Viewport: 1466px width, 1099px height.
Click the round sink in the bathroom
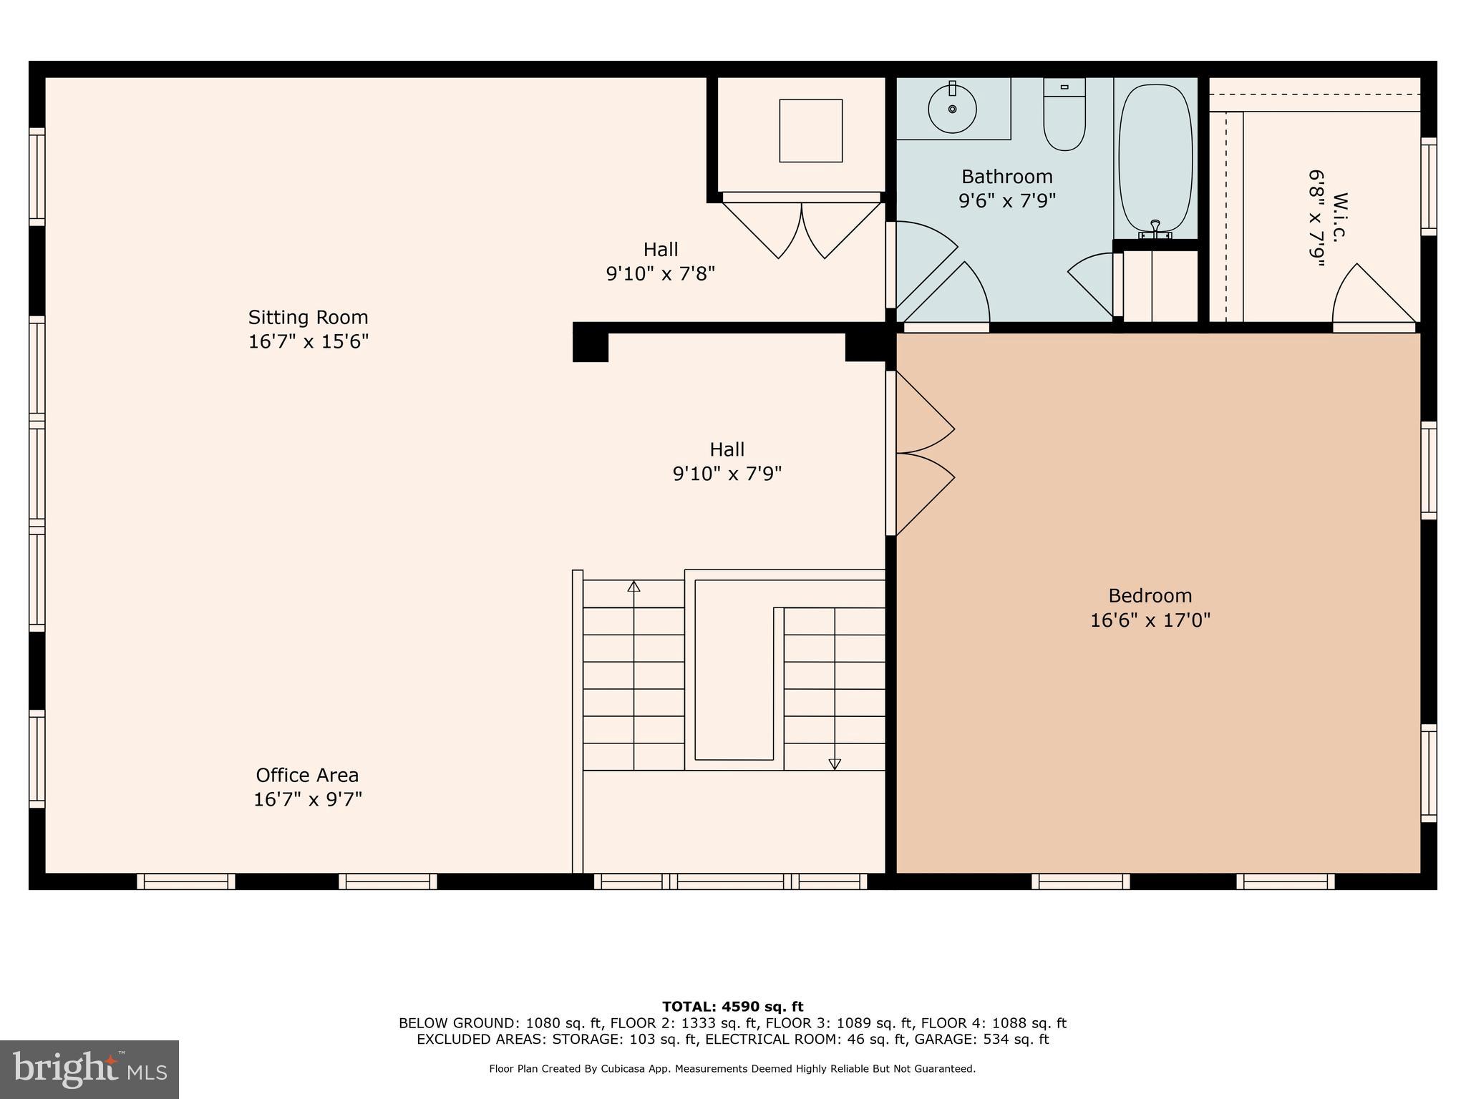click(x=952, y=109)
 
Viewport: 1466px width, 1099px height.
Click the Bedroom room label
click(x=1150, y=595)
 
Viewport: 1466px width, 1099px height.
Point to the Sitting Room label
click(x=308, y=317)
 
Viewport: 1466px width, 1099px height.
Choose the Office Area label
click(x=307, y=775)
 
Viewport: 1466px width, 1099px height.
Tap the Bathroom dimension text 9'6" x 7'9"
click(x=1007, y=200)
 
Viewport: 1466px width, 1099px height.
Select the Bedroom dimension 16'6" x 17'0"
click(x=1150, y=620)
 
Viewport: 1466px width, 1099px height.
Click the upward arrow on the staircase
click(x=634, y=587)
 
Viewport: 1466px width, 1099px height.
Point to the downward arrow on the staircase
click(x=835, y=763)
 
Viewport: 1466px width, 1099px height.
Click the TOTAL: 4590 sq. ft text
click(x=732, y=1007)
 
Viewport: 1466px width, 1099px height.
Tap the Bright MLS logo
click(x=89, y=1070)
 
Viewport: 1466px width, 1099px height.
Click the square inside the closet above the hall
click(x=810, y=131)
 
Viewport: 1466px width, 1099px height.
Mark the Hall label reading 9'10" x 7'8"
click(x=660, y=262)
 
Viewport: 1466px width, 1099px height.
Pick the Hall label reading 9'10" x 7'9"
click(x=727, y=461)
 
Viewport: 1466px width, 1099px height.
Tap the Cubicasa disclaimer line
click(x=732, y=1069)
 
